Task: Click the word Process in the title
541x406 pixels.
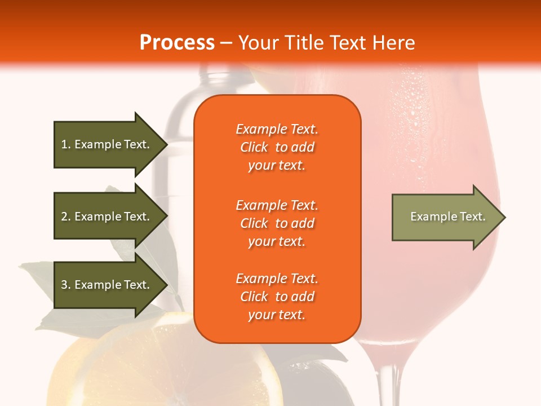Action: (x=177, y=43)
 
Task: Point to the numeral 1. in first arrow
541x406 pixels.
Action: (x=66, y=145)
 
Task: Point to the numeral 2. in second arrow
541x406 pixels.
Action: (x=66, y=217)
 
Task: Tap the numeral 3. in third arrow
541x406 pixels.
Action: (x=66, y=285)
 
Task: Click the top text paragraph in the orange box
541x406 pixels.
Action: (x=277, y=147)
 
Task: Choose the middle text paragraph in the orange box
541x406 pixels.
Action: (x=277, y=223)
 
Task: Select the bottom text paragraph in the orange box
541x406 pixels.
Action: (x=277, y=297)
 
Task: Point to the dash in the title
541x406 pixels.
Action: (x=226, y=43)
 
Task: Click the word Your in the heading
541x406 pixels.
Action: (x=257, y=43)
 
